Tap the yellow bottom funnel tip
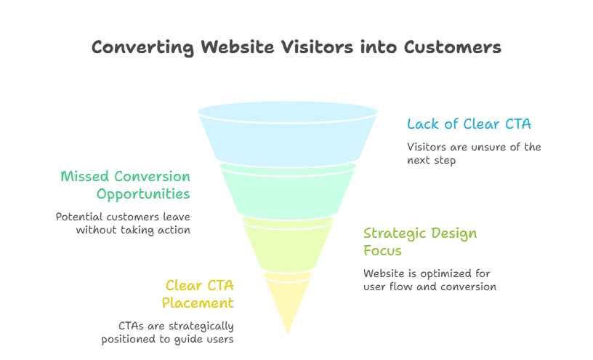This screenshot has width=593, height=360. point(288,298)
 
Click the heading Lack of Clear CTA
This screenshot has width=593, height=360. point(469,124)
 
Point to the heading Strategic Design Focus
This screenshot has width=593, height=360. point(420,241)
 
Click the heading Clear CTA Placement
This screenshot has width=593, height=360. point(199,294)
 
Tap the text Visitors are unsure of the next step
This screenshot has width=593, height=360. point(474,153)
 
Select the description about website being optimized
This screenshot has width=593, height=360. point(429,280)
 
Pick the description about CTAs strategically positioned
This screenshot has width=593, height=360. point(176,332)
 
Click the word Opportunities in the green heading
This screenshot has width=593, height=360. point(143,194)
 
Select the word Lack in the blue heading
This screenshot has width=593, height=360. point(421,124)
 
